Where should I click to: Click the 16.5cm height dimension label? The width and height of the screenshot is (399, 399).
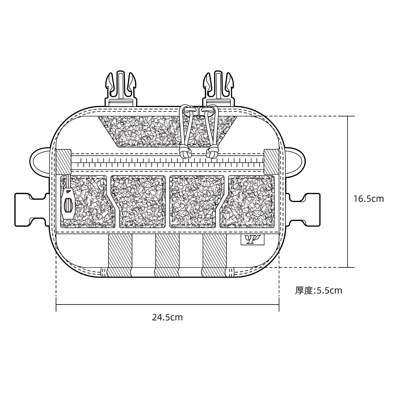(369, 199)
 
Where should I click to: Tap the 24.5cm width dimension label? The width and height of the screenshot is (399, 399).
(167, 318)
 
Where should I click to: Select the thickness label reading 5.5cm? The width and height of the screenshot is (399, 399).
(318, 290)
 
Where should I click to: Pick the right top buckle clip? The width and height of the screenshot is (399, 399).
(219, 89)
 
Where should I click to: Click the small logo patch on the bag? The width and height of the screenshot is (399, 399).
(252, 240)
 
